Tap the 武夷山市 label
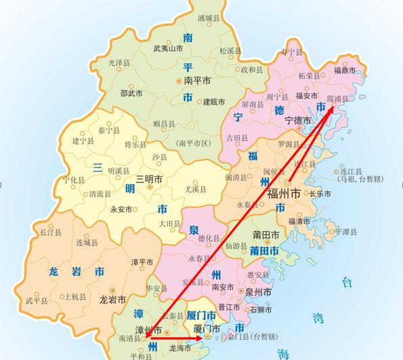(x=168, y=48)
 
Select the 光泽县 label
(x=119, y=62)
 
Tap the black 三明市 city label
(x=149, y=179)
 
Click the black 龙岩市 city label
(x=112, y=299)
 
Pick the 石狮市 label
(x=261, y=309)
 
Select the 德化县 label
(x=209, y=239)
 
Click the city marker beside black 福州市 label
(x=289, y=182)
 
